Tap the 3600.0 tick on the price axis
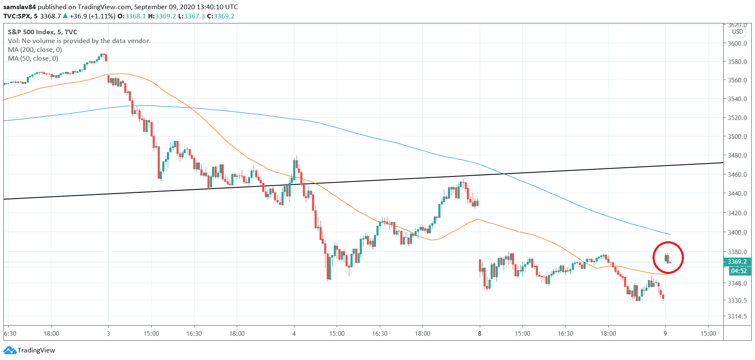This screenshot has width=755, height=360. pos(737,43)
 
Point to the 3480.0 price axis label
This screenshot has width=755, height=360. pos(737,155)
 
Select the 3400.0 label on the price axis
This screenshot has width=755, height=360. pos(737,232)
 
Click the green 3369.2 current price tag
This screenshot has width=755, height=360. pos(737,262)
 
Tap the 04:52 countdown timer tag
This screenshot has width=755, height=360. pos(738,271)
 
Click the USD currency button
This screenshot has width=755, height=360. pos(737,32)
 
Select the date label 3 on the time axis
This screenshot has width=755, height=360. pos(108,333)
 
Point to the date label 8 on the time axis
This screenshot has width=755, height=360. pos(480,333)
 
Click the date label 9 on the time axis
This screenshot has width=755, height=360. pos(665,333)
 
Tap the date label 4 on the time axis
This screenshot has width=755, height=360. pos(294,333)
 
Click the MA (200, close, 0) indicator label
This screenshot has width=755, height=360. pos(35,49)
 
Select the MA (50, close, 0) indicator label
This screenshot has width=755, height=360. pos(33,58)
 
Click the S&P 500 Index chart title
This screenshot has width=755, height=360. pos(42,32)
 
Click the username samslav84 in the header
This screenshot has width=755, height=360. pos(20,7)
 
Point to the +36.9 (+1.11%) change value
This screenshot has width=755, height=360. pos(92,16)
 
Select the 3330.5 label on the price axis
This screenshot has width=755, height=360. pos(737,300)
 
